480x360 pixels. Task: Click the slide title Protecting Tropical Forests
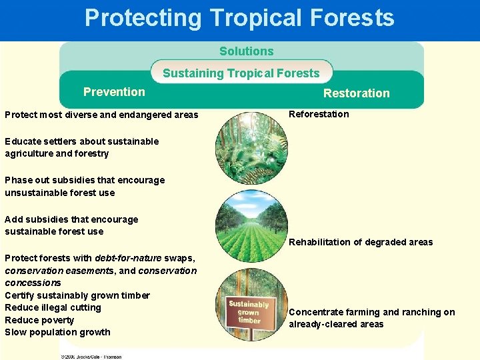click(x=239, y=18)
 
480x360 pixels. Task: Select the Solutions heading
click(x=246, y=51)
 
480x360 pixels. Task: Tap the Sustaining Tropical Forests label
click(x=241, y=73)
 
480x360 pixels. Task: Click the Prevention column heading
click(x=114, y=92)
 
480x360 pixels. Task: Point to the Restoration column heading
click(x=356, y=93)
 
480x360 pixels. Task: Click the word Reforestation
click(x=319, y=114)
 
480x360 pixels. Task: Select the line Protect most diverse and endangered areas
click(x=101, y=115)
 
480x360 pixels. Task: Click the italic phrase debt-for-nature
click(x=125, y=258)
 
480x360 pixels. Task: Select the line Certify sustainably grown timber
click(x=77, y=295)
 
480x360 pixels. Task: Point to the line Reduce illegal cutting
click(x=53, y=307)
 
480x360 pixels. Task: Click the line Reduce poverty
click(x=39, y=320)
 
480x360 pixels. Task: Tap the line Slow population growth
click(x=57, y=332)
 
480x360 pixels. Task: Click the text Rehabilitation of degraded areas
click(x=361, y=242)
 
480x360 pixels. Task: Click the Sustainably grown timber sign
click(x=249, y=312)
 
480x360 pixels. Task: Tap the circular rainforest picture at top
click(x=251, y=148)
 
